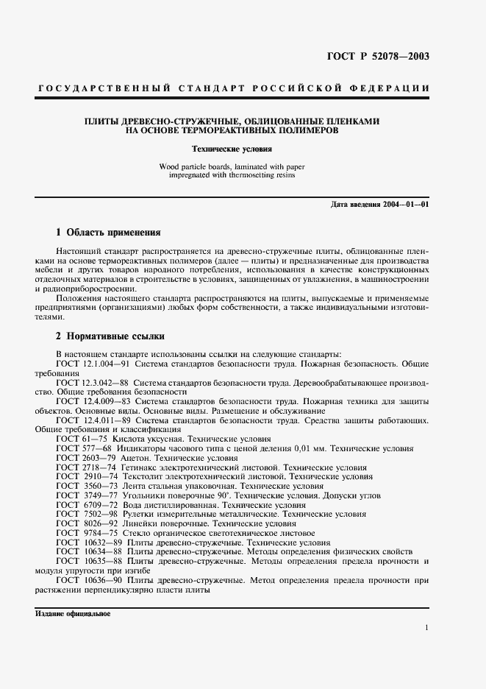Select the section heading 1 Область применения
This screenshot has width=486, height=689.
pos(108,232)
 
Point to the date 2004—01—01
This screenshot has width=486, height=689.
pos(401,204)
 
